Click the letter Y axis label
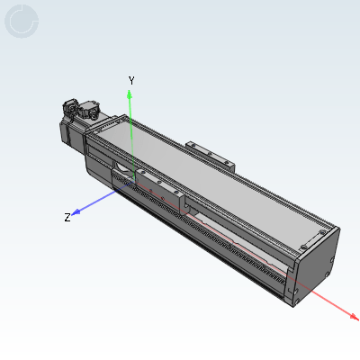131,80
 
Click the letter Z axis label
67,217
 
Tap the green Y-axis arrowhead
130,94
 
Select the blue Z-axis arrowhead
76,212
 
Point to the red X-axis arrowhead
354,316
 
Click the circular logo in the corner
22,22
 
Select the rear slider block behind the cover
210,156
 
